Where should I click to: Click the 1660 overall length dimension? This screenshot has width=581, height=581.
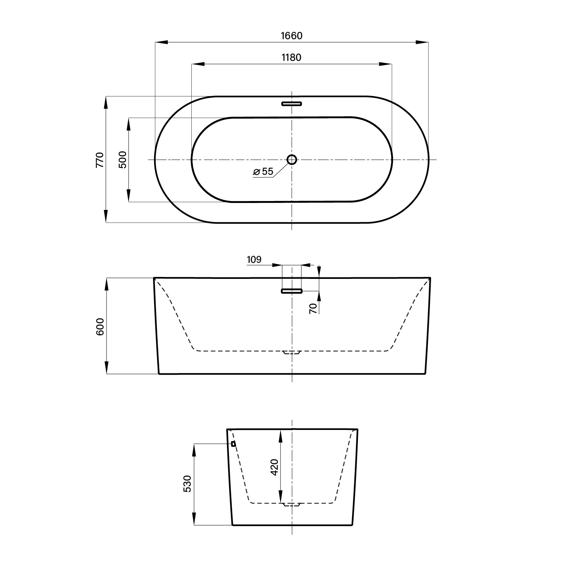pyautogui.click(x=291, y=36)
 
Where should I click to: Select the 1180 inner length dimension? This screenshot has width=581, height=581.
pyautogui.click(x=291, y=58)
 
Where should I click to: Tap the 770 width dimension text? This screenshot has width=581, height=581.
pyautogui.click(x=100, y=160)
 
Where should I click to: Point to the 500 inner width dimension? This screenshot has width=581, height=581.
pyautogui.click(x=122, y=159)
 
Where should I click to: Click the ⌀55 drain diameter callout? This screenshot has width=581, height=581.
pyautogui.click(x=263, y=171)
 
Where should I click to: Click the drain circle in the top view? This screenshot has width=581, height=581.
pyautogui.click(x=292, y=159)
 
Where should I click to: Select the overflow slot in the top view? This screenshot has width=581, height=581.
pyautogui.click(x=292, y=104)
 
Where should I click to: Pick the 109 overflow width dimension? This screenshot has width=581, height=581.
pyautogui.click(x=254, y=260)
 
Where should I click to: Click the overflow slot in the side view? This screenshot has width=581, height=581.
pyautogui.click(x=292, y=291)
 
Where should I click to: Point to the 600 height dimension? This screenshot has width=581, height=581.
pyautogui.click(x=100, y=326)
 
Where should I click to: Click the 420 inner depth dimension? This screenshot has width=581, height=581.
pyautogui.click(x=274, y=467)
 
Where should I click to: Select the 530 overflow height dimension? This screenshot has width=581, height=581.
pyautogui.click(x=187, y=484)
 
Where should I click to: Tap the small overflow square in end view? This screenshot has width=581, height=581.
pyautogui.click(x=233, y=444)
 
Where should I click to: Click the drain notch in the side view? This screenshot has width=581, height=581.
pyautogui.click(x=292, y=352)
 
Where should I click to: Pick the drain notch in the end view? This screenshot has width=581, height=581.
pyautogui.click(x=292, y=505)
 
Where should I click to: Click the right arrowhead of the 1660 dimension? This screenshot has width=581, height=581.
pyautogui.click(x=422, y=42)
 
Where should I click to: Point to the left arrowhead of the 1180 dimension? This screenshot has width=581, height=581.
pyautogui.click(x=198, y=64)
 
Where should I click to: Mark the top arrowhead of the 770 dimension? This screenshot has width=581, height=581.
pyautogui.click(x=106, y=102)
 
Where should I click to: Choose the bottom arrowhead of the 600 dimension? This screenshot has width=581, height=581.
pyautogui.click(x=106, y=368)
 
